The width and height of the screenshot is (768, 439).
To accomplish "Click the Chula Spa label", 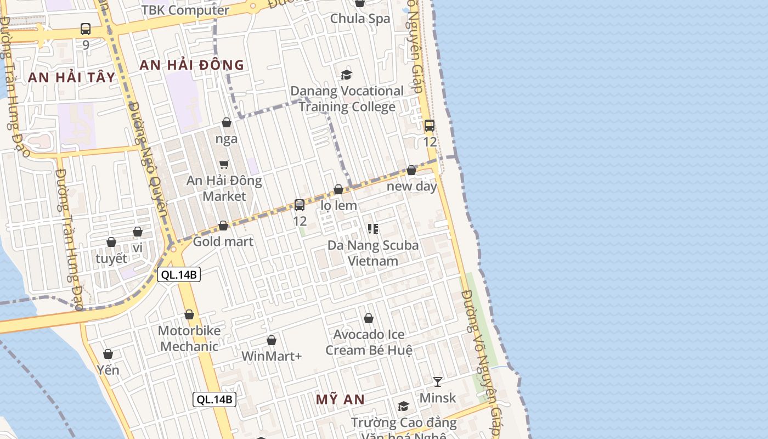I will (x=360, y=19).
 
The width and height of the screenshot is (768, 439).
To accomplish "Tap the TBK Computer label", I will (x=185, y=10).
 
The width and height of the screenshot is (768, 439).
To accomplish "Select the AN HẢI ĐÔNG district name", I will (x=191, y=65).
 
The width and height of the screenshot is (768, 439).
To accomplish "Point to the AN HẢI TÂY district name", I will (x=71, y=77).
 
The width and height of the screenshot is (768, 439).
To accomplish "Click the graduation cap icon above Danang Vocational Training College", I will (x=346, y=75).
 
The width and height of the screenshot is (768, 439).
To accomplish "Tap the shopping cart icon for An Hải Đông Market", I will (x=224, y=164).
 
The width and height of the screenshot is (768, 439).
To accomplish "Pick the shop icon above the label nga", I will (x=226, y=122).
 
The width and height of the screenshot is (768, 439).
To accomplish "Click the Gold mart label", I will (x=223, y=241).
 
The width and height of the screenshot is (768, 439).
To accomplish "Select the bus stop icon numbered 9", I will (x=86, y=29).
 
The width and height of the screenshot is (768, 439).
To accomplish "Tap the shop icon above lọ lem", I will (x=338, y=189).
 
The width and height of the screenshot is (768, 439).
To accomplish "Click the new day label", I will (x=412, y=186).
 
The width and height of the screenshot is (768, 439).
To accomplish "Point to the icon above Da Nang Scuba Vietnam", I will (x=373, y=229).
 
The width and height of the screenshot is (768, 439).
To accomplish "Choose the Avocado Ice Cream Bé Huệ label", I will (x=369, y=342).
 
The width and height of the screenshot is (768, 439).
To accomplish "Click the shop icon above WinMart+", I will (x=271, y=341).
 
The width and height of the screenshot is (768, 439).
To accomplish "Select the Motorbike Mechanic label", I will (x=189, y=339).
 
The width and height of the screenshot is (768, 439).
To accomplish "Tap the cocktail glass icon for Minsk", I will (x=437, y=381).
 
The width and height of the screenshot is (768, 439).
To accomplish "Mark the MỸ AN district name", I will (x=340, y=399).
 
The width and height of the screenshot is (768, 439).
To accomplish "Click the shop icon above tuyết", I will (x=111, y=242).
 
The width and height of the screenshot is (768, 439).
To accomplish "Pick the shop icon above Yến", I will (x=108, y=354).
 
